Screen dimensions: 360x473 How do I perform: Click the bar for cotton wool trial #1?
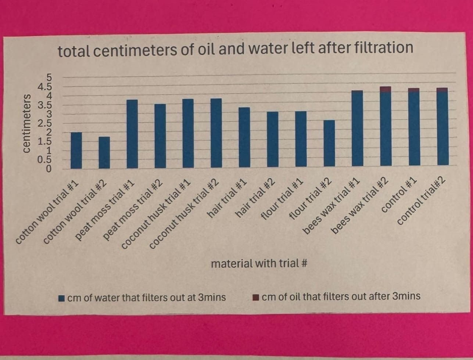[x=76, y=150]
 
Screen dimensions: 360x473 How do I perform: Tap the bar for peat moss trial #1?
[x=132, y=134]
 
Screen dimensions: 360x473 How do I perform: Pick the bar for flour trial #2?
[x=329, y=143]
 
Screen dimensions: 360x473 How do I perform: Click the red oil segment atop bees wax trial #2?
[x=386, y=89]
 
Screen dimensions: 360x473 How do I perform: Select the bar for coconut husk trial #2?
[x=216, y=133]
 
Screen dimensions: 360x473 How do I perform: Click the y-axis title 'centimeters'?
[x=27, y=123]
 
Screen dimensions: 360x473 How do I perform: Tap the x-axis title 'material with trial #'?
[x=259, y=263]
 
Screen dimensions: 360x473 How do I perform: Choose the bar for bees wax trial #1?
[x=357, y=128]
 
